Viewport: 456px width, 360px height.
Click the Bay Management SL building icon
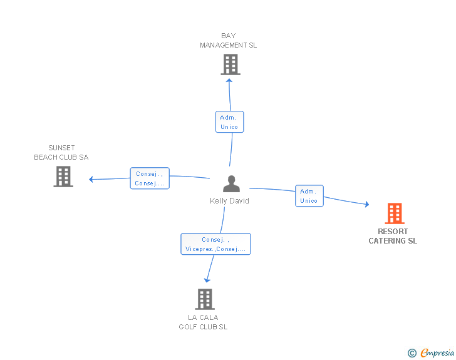pos(231,64)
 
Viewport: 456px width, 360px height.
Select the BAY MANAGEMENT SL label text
pos(228,41)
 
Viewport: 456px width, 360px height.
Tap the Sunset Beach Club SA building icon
pos(63,177)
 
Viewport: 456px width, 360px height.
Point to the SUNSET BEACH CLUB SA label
pos(61,152)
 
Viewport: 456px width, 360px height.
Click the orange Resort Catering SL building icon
pos(395,213)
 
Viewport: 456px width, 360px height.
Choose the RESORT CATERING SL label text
pos(393,236)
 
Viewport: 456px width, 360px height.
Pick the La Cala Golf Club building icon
pos(205,299)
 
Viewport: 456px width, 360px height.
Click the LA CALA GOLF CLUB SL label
pos(203,322)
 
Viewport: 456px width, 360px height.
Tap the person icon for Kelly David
pos(232,184)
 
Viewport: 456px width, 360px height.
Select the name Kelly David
pos(229,200)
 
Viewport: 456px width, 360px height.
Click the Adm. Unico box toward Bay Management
pos(229,122)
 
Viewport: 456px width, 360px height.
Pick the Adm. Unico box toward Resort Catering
pos(309,196)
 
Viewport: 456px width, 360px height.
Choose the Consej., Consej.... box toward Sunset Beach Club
pos(150,178)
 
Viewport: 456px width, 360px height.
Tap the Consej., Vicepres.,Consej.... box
pos(215,244)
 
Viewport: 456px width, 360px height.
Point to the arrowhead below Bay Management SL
pos(229,81)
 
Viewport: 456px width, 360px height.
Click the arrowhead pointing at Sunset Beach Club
pos(91,179)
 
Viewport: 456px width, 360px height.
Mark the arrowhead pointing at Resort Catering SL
pos(367,204)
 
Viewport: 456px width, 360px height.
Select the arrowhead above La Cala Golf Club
pos(207,280)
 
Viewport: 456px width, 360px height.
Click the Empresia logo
pos(437,352)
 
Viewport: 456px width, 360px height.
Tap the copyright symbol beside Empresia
pos(412,353)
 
